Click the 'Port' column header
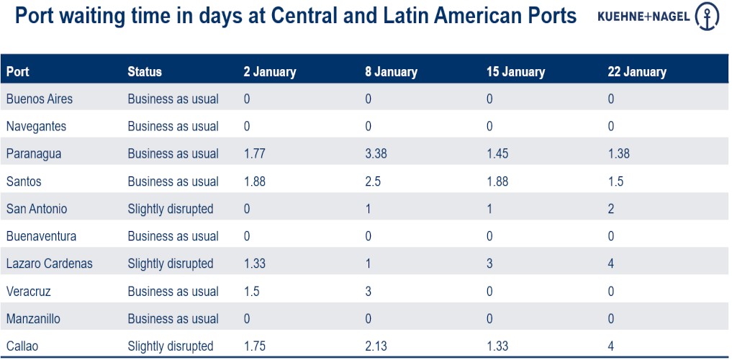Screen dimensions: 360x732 (x=18, y=72)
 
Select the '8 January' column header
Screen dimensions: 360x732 (x=391, y=72)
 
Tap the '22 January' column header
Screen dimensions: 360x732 (x=637, y=72)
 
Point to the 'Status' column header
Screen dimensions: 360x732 (x=145, y=72)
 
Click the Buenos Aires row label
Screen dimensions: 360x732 (x=40, y=99)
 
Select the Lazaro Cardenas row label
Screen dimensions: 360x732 (x=49, y=264)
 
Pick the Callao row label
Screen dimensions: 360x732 (x=22, y=346)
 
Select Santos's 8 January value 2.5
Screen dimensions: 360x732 (x=373, y=181)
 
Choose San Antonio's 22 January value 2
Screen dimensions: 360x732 (x=611, y=209)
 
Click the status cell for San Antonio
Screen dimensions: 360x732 (x=171, y=209)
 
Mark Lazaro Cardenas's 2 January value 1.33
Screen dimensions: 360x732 (x=255, y=264)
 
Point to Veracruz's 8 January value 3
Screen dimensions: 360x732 (x=369, y=292)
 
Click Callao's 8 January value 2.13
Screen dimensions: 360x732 (x=376, y=346)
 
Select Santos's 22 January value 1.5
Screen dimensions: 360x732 (x=615, y=181)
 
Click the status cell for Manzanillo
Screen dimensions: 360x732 (x=173, y=319)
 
